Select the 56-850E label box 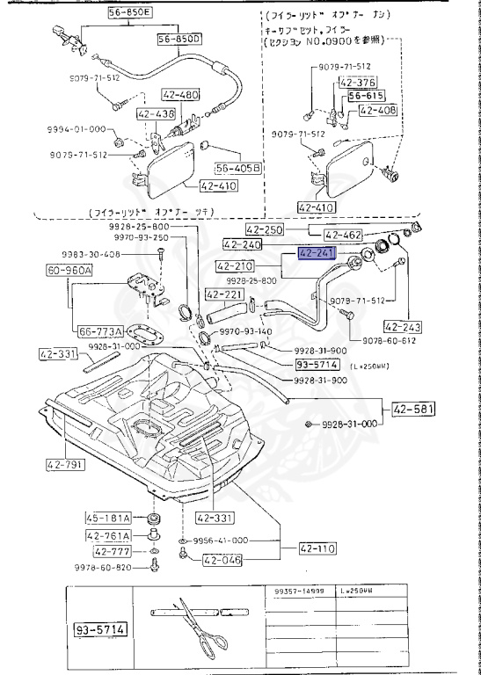tap(131, 14)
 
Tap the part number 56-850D tap(179, 40)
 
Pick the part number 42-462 tap(344, 236)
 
